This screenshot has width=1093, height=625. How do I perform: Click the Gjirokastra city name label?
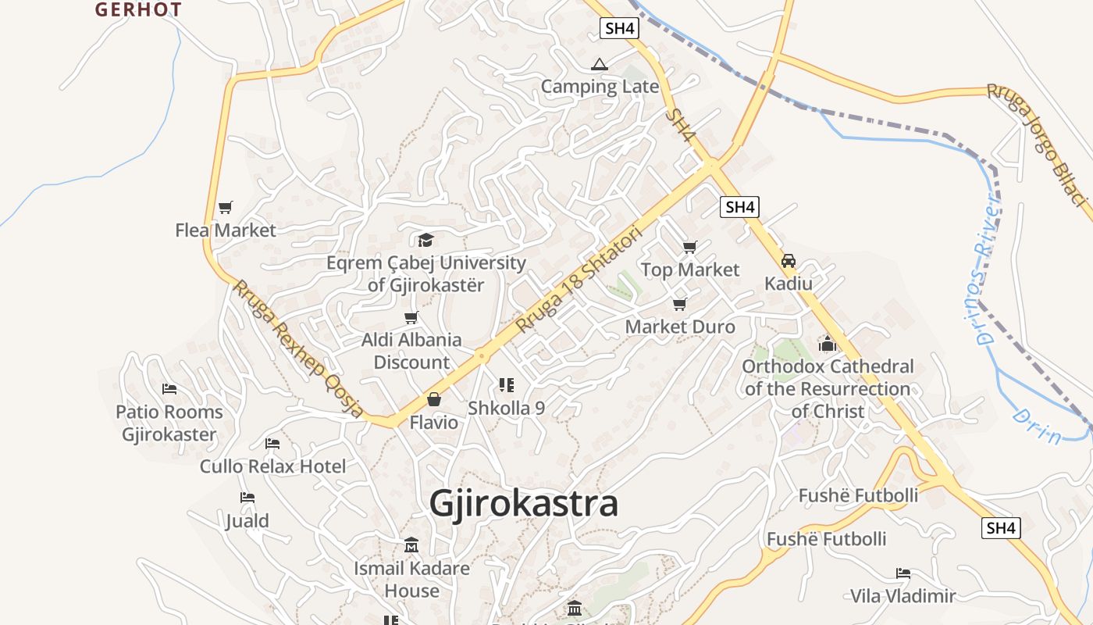coord(524,503)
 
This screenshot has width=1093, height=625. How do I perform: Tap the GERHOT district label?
coord(138,9)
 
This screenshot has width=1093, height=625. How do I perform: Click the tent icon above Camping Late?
coord(599,64)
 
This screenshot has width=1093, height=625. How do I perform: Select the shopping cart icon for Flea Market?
coord(226,208)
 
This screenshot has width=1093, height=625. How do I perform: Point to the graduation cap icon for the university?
coord(425,240)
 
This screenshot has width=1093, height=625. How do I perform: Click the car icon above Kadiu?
coord(789,261)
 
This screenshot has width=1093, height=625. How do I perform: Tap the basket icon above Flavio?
coord(434,400)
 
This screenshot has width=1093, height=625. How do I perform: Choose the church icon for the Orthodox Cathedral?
coord(828,344)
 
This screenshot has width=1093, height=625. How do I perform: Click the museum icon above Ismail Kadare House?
coord(411,545)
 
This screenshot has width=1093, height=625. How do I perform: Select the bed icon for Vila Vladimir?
coord(903,573)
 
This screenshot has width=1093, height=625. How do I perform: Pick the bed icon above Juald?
coord(247,498)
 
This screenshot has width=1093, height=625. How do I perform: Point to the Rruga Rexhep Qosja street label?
coord(297,348)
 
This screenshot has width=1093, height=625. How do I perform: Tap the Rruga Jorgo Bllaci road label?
coord(1037,145)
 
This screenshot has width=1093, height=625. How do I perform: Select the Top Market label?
coord(690,270)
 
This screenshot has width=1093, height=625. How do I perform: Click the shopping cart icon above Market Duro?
coord(679,304)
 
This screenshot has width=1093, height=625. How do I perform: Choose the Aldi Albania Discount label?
coord(411,352)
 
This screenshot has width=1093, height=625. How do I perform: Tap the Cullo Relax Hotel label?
coord(272,467)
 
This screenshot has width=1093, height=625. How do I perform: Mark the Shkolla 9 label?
coord(506,409)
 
